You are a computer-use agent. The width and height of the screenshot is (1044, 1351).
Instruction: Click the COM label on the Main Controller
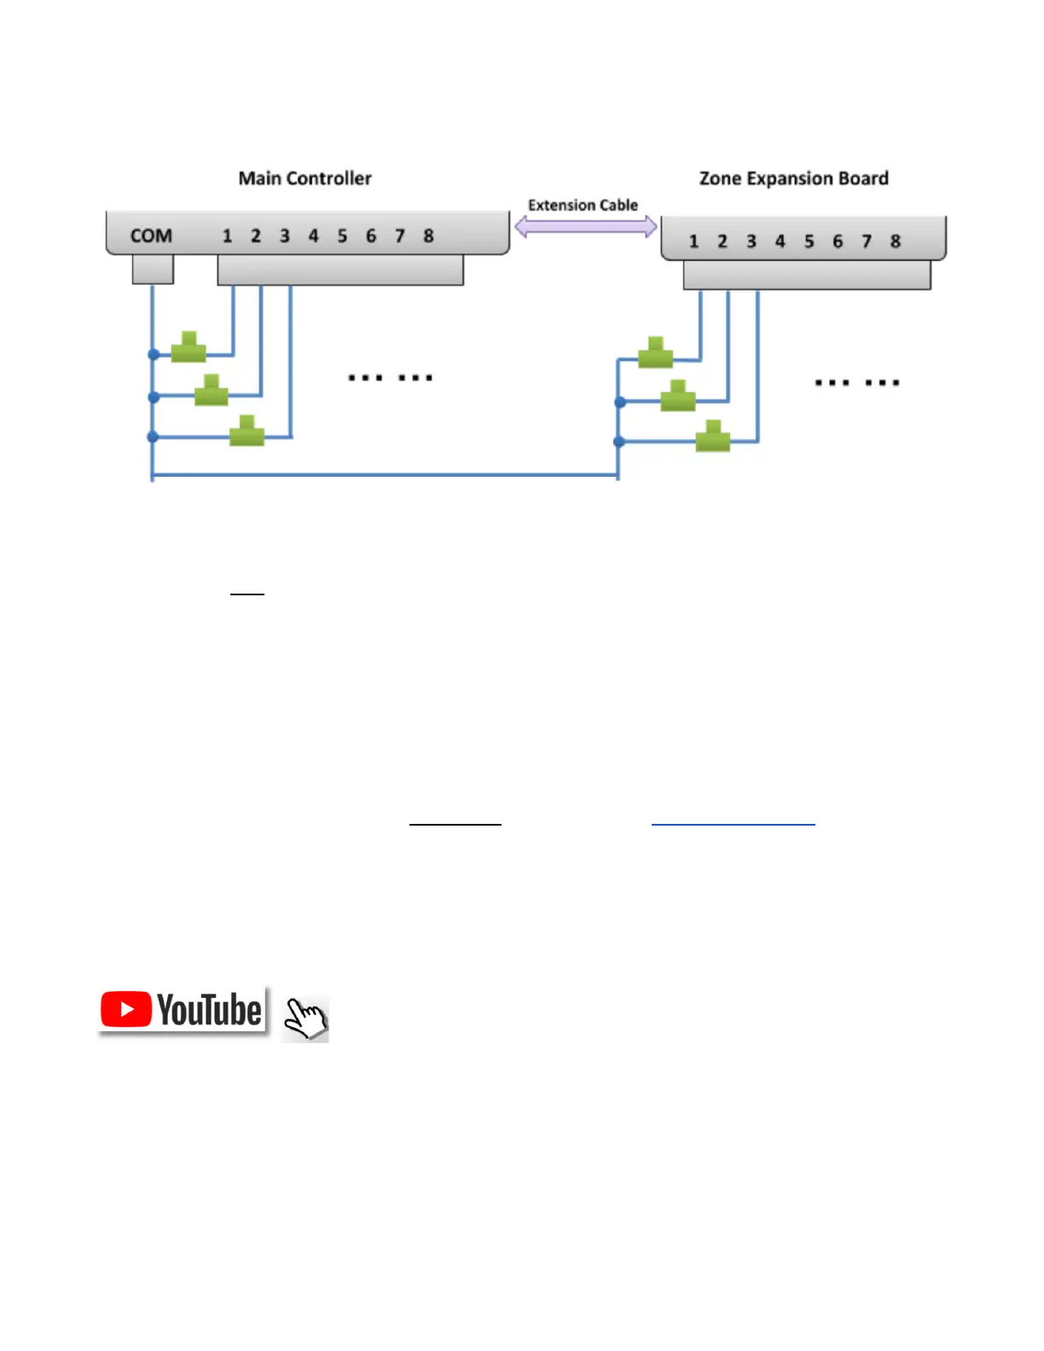[x=151, y=235]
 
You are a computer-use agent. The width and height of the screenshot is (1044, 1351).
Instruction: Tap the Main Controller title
[x=304, y=178]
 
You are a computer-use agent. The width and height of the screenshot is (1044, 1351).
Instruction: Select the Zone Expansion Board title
[x=793, y=178]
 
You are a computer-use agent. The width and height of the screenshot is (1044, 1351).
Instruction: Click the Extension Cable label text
[x=583, y=206]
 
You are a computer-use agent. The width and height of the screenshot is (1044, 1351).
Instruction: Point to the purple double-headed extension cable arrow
[x=585, y=227]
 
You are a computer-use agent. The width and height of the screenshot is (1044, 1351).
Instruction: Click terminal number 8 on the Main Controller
[x=428, y=235]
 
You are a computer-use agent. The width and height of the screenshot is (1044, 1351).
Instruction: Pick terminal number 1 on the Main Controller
[x=227, y=235]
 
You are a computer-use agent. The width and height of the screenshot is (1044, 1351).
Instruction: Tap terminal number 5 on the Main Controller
[x=342, y=235]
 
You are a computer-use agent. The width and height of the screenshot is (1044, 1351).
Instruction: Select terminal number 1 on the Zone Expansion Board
[x=693, y=241]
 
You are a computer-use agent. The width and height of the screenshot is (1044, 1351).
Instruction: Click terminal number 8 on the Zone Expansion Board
[x=895, y=241]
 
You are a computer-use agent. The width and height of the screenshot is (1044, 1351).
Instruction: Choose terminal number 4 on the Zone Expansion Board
[x=780, y=241]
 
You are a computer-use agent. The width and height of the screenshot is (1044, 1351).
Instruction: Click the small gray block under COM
[x=153, y=270]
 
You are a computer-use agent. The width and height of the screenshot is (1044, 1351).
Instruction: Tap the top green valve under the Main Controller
[x=188, y=347]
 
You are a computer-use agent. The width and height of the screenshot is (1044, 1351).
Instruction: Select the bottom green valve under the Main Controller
[x=246, y=431]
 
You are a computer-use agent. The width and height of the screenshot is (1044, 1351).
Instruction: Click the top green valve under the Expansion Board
[x=655, y=352]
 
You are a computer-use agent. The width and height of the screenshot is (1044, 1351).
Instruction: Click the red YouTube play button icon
[x=126, y=1010]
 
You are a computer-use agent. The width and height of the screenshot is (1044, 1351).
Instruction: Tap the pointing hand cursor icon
[x=305, y=1018]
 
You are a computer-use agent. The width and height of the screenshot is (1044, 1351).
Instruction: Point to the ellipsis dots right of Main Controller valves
[x=391, y=377]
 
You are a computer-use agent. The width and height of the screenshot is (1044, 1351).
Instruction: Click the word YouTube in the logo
[x=209, y=1010]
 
